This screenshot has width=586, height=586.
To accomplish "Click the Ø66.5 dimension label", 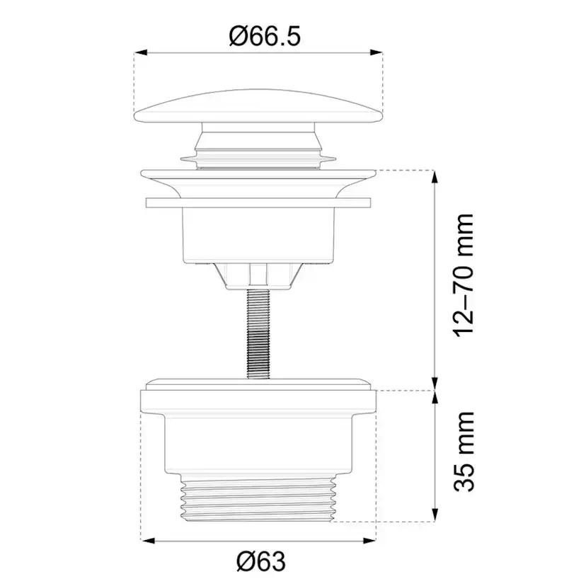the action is pos(265,37).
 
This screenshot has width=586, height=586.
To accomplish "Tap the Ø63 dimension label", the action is pos(261,561).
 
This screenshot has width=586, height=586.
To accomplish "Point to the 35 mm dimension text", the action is pos(464,452).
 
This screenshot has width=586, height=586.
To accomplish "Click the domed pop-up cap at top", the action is pos(258,105).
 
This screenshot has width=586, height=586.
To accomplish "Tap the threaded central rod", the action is pos(258,334).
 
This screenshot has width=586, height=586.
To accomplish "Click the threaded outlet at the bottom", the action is pos(258,496).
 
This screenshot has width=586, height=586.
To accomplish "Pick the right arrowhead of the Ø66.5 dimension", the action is pos(377,53).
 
